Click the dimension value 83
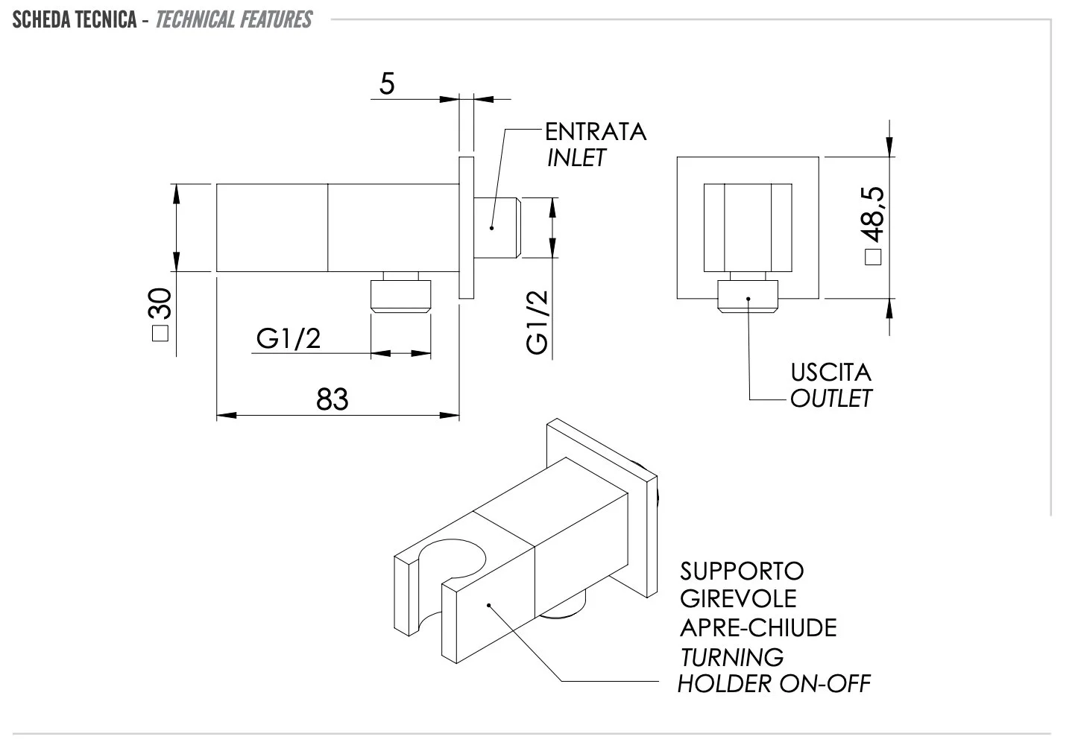click(332, 399)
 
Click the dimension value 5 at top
click(387, 84)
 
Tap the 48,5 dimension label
click(872, 224)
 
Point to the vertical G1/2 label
click(537, 321)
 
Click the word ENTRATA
click(596, 132)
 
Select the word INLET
click(576, 158)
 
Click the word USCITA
click(830, 372)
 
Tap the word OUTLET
click(830, 399)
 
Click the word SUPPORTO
click(742, 571)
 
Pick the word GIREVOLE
click(738, 598)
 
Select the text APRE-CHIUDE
click(758, 627)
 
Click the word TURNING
click(731, 657)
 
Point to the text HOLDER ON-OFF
click(774, 683)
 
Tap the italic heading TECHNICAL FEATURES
click(234, 19)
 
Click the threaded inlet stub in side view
click(499, 227)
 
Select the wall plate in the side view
click(466, 228)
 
